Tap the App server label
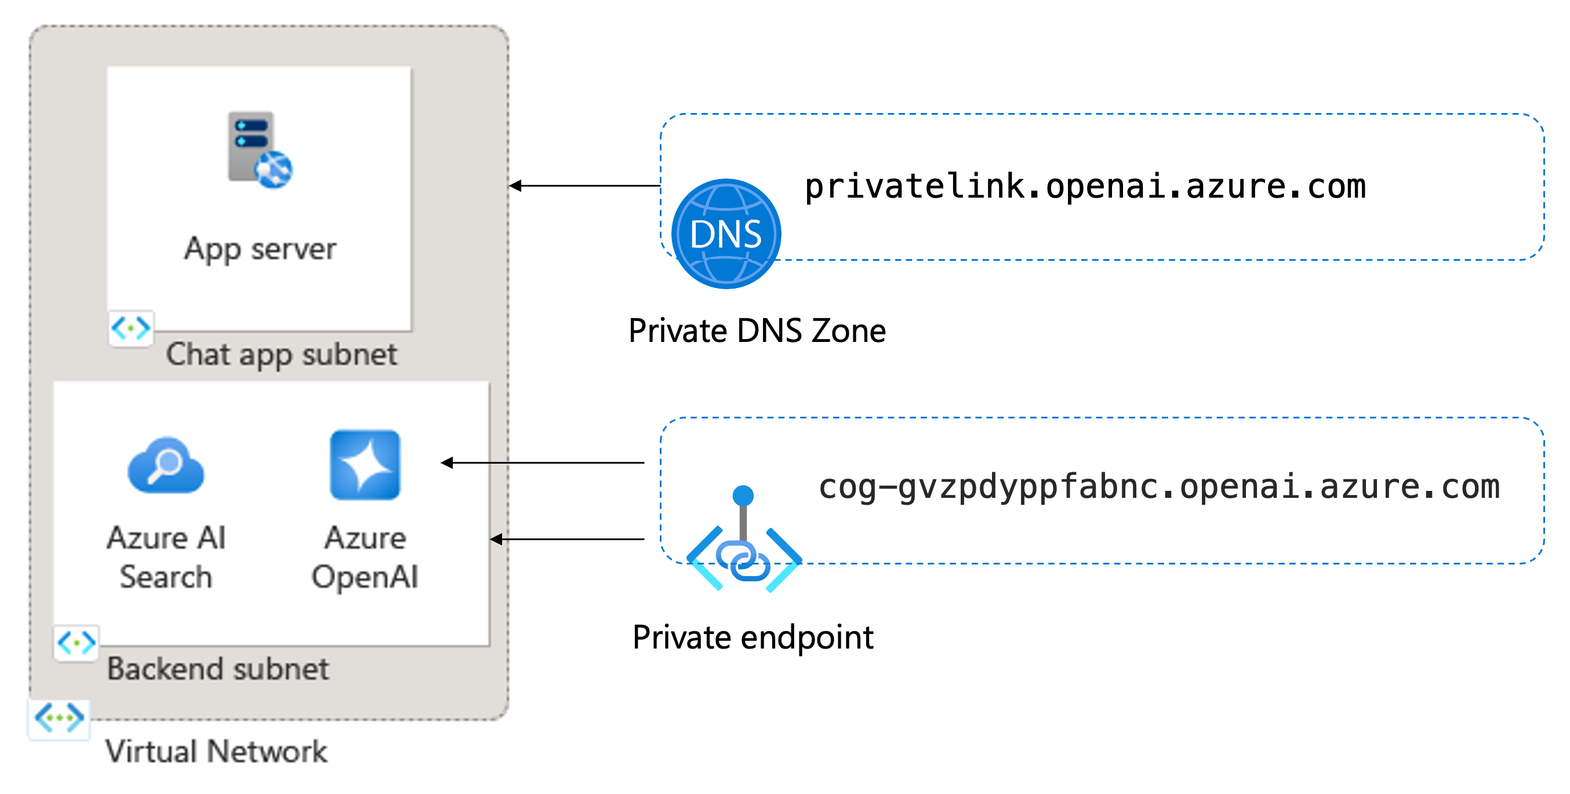(x=260, y=249)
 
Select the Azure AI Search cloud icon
(x=166, y=465)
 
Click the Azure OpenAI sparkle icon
(x=365, y=465)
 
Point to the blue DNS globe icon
(x=726, y=234)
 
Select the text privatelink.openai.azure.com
(x=1085, y=187)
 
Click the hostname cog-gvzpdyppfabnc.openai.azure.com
(x=1158, y=487)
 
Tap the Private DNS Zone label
(x=757, y=331)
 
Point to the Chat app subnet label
(x=282, y=355)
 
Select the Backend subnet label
(x=218, y=668)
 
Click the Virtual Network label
(x=216, y=751)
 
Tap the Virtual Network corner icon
(x=59, y=719)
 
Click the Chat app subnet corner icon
(x=131, y=329)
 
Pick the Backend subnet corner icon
(x=75, y=643)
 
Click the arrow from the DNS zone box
(x=585, y=185)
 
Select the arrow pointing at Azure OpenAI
(x=543, y=463)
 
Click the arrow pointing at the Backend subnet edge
(x=568, y=540)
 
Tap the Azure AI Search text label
(x=166, y=557)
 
